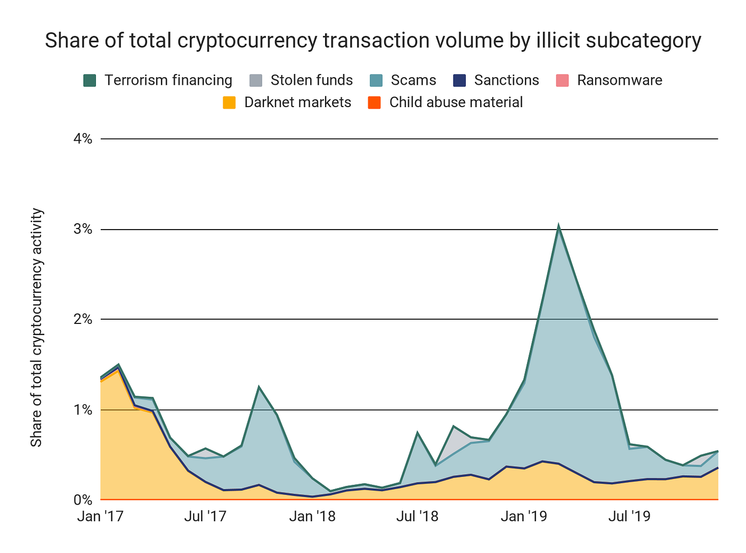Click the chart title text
(373, 40)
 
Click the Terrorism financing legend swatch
(90, 80)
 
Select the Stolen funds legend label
(311, 80)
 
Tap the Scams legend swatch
(376, 80)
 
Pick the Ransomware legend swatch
(562, 80)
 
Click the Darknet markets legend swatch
(229, 102)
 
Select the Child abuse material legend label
(456, 102)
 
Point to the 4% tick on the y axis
(82, 139)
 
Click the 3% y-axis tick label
(82, 230)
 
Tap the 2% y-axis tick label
(82, 320)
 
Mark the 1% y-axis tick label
(82, 410)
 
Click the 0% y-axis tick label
(82, 500)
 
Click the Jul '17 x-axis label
(205, 516)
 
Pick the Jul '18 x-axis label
(417, 516)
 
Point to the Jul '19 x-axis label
(629, 516)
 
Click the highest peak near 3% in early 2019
(558, 226)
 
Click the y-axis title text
(36, 328)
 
